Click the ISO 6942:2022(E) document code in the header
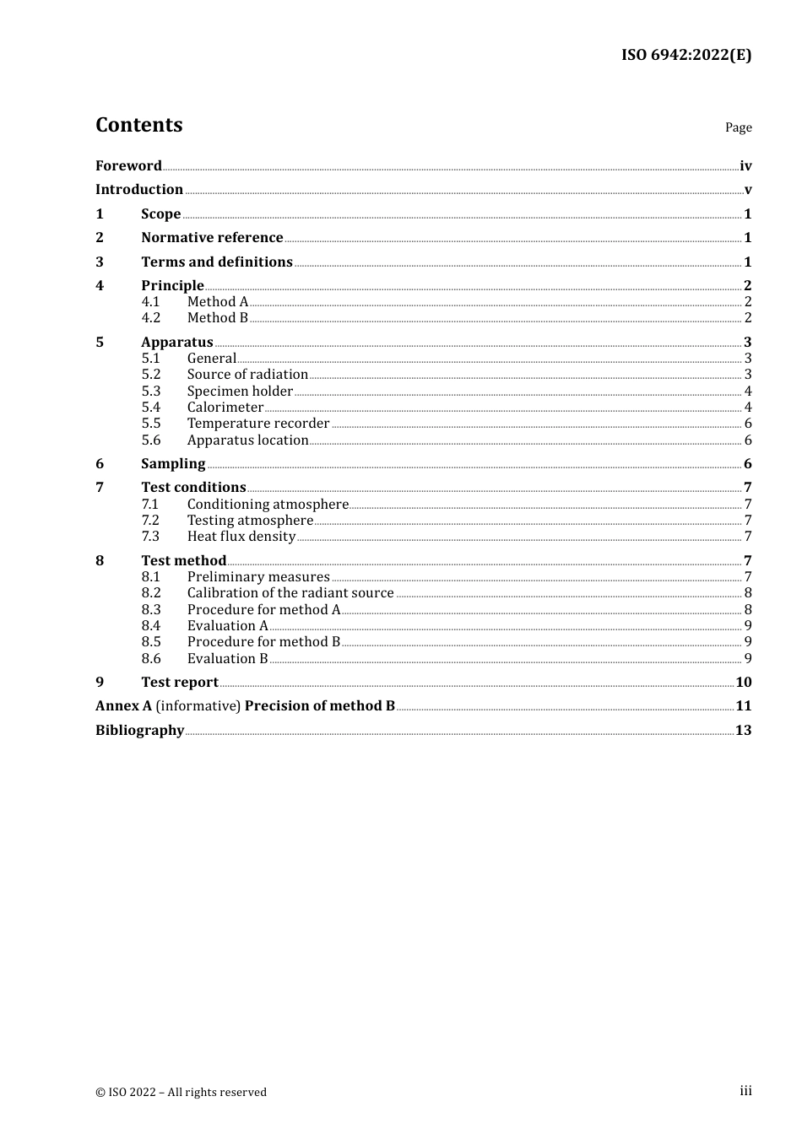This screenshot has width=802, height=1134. click(686, 55)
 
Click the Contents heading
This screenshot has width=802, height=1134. click(139, 125)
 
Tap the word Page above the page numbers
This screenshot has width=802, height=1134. click(738, 127)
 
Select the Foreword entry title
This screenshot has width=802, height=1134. click(128, 165)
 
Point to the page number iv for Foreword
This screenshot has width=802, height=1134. click(745, 166)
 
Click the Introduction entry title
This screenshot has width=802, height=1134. click(139, 190)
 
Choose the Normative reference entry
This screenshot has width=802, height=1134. click(212, 238)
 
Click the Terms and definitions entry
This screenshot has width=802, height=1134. click(217, 262)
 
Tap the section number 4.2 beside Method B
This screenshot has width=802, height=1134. click(151, 318)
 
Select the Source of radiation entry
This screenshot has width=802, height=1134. click(247, 375)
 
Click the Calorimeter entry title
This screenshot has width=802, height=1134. click(225, 408)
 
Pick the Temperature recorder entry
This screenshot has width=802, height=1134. click(258, 424)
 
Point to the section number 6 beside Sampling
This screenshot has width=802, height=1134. click(100, 464)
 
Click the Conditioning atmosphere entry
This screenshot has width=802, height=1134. click(268, 505)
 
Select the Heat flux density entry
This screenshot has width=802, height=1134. click(241, 537)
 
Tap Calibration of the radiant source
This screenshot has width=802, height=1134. click(290, 593)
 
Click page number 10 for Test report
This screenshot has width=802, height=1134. click(744, 683)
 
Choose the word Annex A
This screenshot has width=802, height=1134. click(123, 706)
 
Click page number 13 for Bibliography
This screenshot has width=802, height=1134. click(744, 731)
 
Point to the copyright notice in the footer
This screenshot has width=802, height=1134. click(181, 1092)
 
